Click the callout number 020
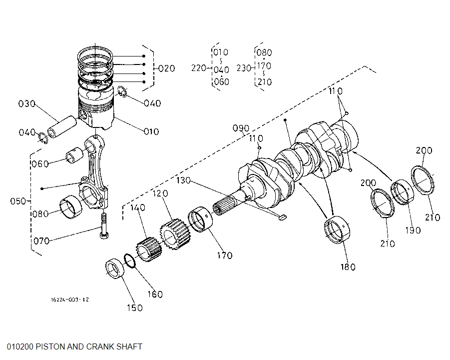click(166, 68)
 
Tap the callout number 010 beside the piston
click(151, 132)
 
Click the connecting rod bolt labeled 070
click(104, 226)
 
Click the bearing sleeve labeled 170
click(201, 220)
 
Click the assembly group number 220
click(199, 68)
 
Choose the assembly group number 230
click(244, 68)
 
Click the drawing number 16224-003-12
click(69, 299)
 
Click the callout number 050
click(18, 201)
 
